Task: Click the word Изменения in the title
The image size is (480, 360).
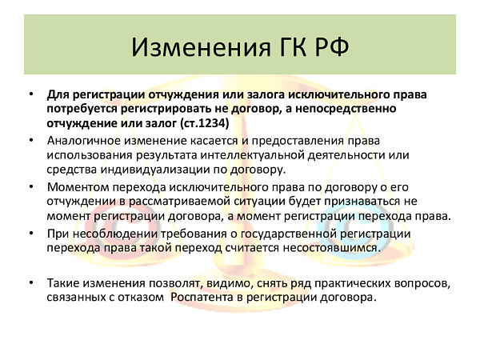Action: click(201, 47)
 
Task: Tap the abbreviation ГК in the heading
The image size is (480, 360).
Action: click(293, 47)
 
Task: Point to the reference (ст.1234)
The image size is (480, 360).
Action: click(205, 123)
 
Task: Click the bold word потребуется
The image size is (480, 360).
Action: click(82, 110)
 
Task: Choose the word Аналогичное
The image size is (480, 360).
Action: click(83, 141)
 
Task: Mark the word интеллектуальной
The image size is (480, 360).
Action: click(253, 155)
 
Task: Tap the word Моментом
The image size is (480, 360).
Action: click(78, 186)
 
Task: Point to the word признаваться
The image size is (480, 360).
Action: click(362, 202)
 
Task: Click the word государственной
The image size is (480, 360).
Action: click(289, 234)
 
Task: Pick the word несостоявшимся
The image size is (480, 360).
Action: click(331, 248)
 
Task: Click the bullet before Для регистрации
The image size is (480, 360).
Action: click(31, 94)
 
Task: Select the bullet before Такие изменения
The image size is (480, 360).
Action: click(31, 282)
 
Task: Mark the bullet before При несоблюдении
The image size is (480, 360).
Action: click(31, 234)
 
